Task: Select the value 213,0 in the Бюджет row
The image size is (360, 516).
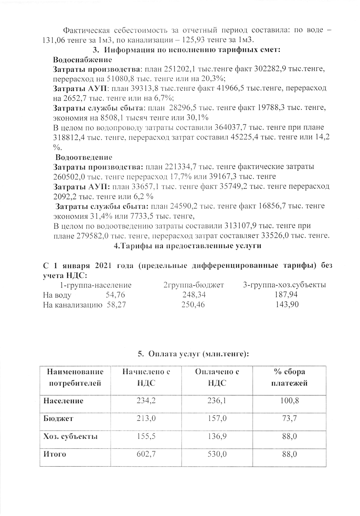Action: point(146,418)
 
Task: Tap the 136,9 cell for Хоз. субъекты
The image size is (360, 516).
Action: point(217,436)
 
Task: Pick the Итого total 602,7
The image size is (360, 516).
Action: point(146,454)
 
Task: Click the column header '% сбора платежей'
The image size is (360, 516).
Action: point(289,377)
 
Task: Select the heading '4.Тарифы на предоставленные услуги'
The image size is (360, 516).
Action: point(187,246)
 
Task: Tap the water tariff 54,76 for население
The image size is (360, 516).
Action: point(115,295)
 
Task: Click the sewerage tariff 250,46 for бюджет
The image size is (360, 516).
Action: point(193,305)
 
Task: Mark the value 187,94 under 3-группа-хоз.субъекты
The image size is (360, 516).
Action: point(286,295)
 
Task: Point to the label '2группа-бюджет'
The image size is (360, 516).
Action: point(193,285)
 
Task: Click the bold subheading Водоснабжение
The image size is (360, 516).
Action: point(83,60)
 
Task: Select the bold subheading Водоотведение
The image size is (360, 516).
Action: point(84,158)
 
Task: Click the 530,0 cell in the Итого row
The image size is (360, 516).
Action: point(217,454)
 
